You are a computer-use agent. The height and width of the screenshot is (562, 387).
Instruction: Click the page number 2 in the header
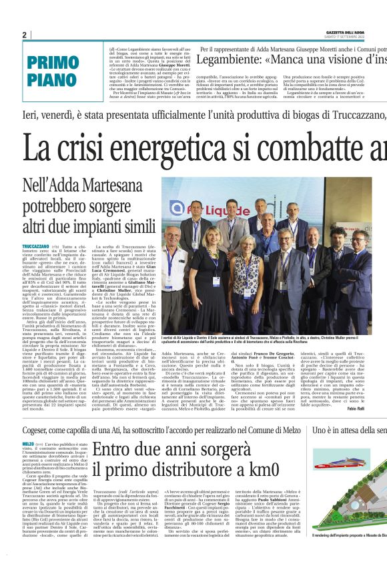click(x=24, y=35)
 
